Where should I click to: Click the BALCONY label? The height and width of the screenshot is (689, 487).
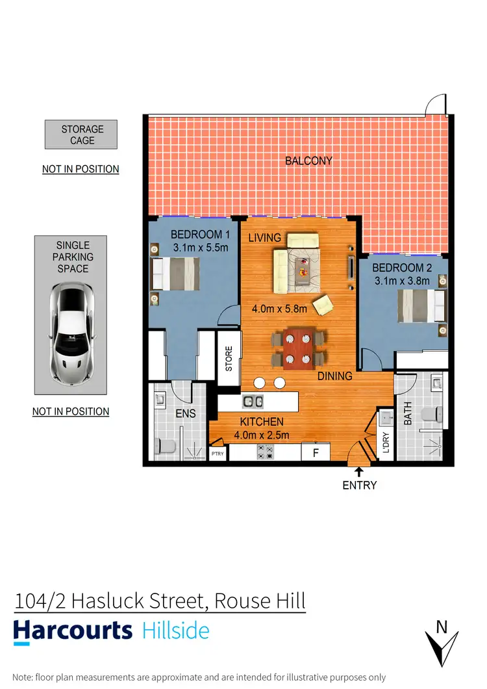(308, 161)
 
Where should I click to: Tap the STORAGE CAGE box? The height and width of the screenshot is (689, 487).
(82, 135)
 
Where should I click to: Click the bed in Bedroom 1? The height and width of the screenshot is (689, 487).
(174, 274)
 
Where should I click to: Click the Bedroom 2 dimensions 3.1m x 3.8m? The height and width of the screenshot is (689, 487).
(402, 281)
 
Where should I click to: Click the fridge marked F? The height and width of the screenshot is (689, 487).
(316, 452)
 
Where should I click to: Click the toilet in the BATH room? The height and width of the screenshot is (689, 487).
(431, 414)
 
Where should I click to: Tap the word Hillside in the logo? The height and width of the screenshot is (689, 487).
(175, 630)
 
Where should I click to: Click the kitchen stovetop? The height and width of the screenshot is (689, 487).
(265, 452)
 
